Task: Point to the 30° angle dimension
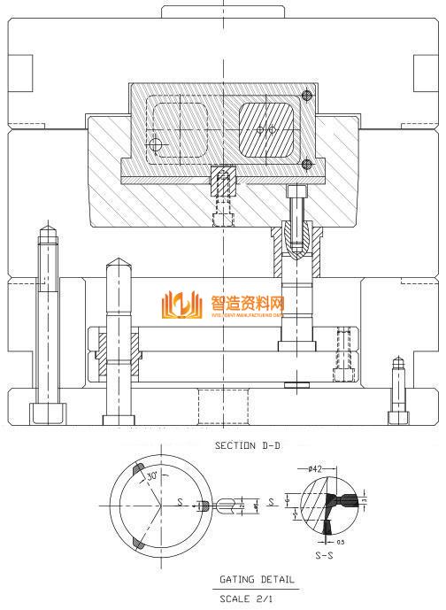(x=152, y=476)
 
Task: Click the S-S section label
(x=325, y=555)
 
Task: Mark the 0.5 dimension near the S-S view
(x=341, y=541)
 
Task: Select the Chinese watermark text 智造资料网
(x=247, y=301)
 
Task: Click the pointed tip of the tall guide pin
(x=116, y=263)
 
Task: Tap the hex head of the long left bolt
(x=46, y=413)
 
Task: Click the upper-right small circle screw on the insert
(x=308, y=95)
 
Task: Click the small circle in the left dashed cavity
(x=156, y=144)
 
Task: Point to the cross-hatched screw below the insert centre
(x=222, y=183)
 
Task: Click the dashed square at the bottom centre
(x=222, y=407)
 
